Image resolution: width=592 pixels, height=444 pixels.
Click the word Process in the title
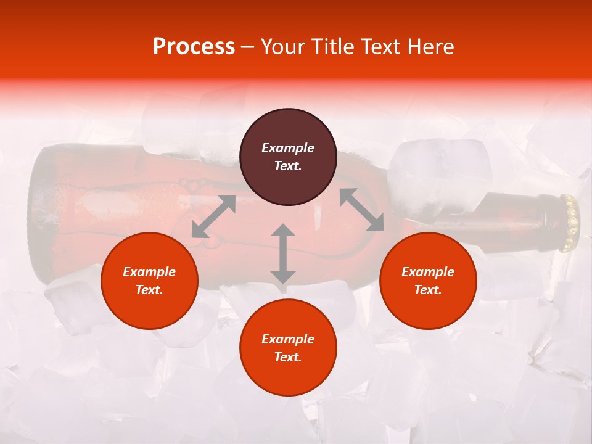pos(194,47)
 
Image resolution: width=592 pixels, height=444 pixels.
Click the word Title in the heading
pos(328,47)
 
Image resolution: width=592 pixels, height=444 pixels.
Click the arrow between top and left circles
pos(213,216)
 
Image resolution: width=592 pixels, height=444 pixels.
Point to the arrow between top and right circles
pos(362,210)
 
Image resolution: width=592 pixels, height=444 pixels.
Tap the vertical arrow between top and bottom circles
pos(283,253)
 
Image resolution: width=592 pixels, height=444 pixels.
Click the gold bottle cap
pos(570,223)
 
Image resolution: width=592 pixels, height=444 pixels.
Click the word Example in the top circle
pos(288,148)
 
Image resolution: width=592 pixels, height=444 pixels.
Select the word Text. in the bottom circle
pos(288,357)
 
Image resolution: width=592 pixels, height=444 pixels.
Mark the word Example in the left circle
pos(149,272)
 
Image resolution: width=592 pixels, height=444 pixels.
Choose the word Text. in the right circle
pos(428,290)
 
